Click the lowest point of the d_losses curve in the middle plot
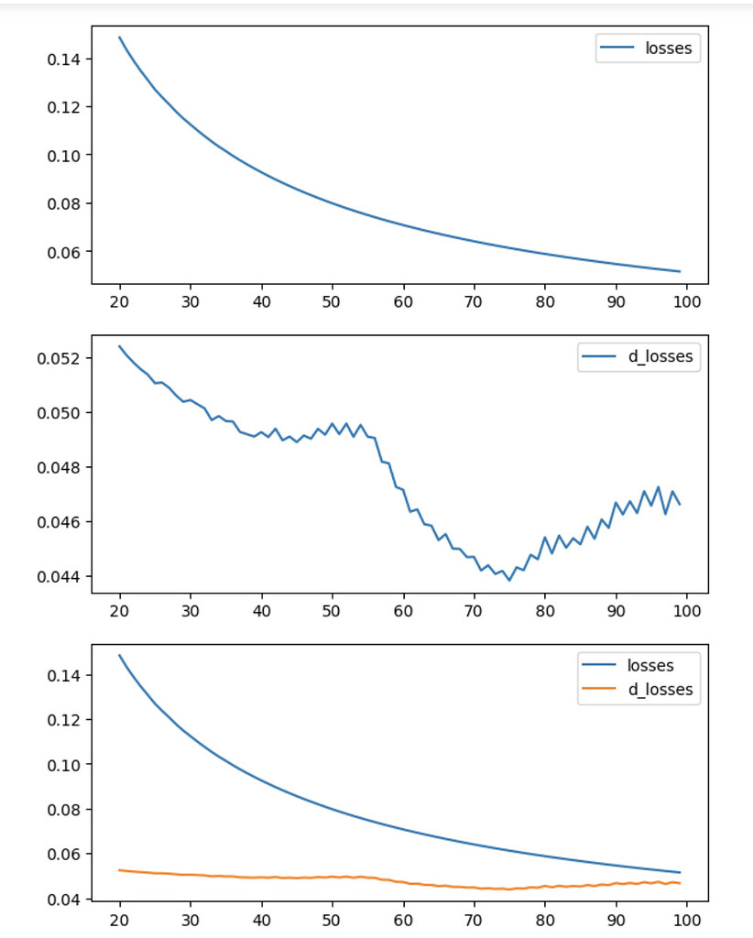pos(509,581)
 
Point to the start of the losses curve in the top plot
pos(120,38)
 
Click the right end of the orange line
pos(680,883)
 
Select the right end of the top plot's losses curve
pos(680,271)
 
